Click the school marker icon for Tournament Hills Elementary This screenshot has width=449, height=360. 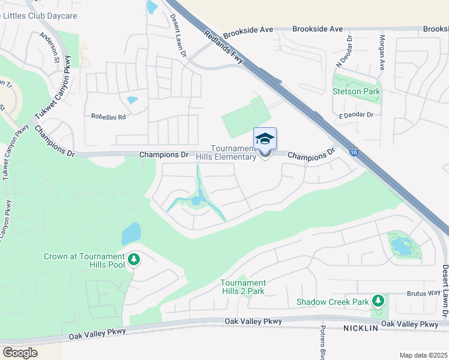(x=265, y=139)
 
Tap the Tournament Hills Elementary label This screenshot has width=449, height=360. (x=235, y=153)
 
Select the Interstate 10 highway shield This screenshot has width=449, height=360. (x=355, y=153)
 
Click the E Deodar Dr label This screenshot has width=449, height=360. (x=356, y=115)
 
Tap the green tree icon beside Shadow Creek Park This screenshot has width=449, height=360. (x=378, y=299)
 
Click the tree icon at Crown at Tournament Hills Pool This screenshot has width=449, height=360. (x=134, y=260)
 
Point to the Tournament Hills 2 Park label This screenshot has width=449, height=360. (x=243, y=287)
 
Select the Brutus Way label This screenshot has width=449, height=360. (x=423, y=294)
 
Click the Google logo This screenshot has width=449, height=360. (x=20, y=352)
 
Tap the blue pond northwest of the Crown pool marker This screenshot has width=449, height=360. (x=131, y=233)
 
